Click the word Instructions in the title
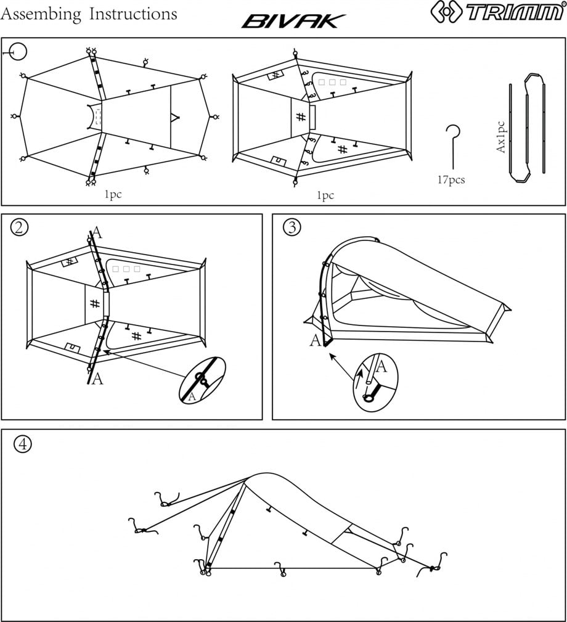(x=133, y=14)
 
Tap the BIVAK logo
(x=290, y=22)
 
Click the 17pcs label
(x=451, y=181)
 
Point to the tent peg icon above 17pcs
(x=453, y=145)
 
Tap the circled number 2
(x=20, y=227)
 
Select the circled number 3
(x=291, y=227)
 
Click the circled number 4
(x=23, y=443)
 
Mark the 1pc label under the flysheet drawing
(x=113, y=195)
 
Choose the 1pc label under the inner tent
(x=325, y=195)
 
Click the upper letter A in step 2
(x=97, y=233)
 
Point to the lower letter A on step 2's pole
(x=97, y=379)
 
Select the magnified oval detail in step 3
(x=376, y=382)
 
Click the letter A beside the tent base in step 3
(x=316, y=340)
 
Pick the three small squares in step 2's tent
(x=126, y=269)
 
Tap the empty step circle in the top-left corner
(x=18, y=52)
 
